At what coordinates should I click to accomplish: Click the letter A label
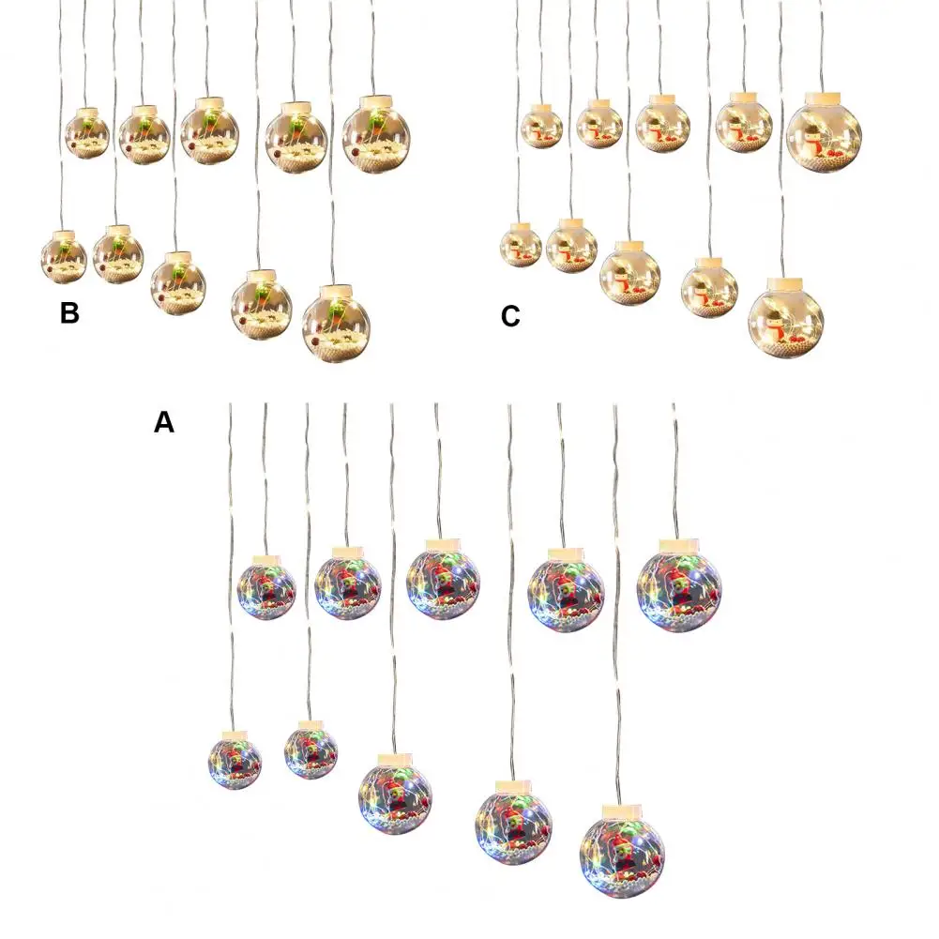click(x=164, y=423)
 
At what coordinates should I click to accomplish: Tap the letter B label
click(x=69, y=313)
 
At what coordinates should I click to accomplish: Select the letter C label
click(x=510, y=317)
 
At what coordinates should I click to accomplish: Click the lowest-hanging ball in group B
click(x=337, y=326)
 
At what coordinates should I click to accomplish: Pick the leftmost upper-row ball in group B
click(x=87, y=134)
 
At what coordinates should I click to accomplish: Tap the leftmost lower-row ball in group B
click(x=64, y=256)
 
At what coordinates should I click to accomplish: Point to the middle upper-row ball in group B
click(x=209, y=133)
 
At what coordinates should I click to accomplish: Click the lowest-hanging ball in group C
click(x=786, y=319)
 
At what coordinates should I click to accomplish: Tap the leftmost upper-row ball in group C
click(x=541, y=127)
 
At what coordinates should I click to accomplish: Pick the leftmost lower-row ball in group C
click(x=521, y=246)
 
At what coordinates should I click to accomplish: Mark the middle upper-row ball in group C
click(x=662, y=126)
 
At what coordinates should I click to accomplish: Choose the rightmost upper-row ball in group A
click(x=679, y=588)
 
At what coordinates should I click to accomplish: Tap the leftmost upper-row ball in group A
click(x=266, y=589)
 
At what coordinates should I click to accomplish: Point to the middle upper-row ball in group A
click(x=444, y=583)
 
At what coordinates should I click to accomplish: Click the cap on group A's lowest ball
click(x=623, y=808)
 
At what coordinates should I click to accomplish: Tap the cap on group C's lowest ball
click(x=785, y=283)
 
